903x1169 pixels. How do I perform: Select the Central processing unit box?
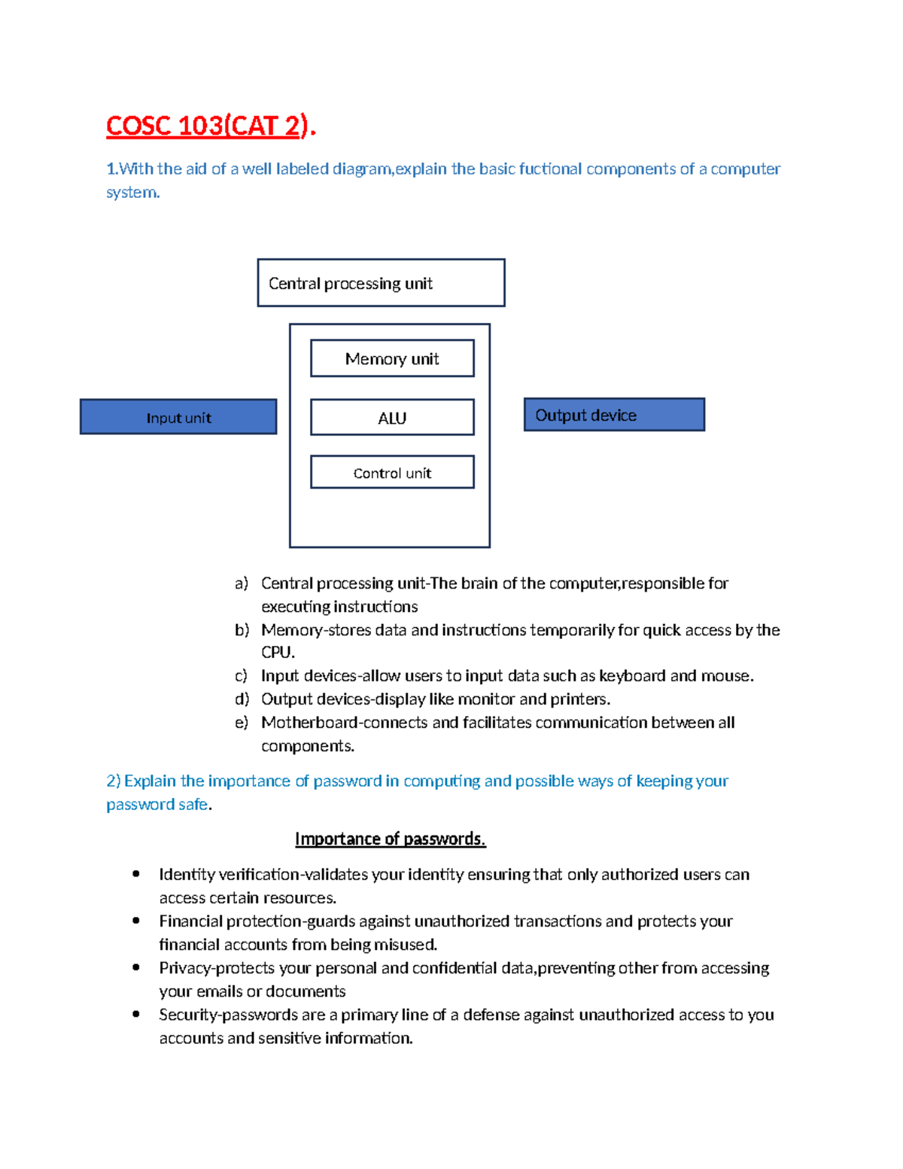click(381, 283)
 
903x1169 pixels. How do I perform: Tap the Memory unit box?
click(392, 358)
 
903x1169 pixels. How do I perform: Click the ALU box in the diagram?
click(392, 418)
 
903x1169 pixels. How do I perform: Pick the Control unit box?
click(392, 473)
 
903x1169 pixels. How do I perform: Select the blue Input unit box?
click(178, 417)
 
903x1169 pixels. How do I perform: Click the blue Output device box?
click(614, 415)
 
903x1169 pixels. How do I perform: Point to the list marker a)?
click(241, 583)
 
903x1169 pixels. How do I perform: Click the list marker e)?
click(241, 723)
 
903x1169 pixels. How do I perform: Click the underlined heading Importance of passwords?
click(390, 839)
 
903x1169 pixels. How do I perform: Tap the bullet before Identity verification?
click(136, 874)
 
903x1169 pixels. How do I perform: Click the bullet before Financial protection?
click(136, 921)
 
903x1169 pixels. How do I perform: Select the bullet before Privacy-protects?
click(136, 967)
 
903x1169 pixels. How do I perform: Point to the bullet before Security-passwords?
click(136, 1014)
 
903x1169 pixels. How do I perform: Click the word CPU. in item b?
click(278, 652)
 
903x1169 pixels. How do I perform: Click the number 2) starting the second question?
click(114, 781)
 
